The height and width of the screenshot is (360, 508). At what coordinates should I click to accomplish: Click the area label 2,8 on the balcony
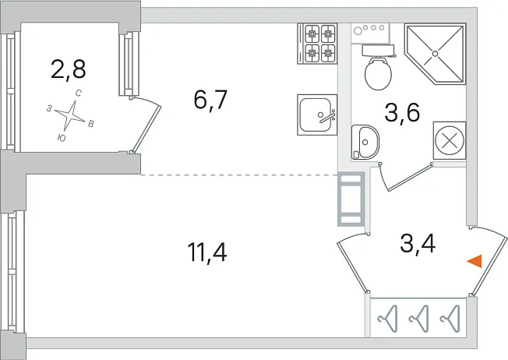click(69, 69)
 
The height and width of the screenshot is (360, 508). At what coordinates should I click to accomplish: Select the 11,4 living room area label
click(207, 252)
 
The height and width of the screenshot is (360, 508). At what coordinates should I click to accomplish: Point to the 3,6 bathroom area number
click(402, 112)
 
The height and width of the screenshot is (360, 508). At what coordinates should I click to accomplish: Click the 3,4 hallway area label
click(418, 244)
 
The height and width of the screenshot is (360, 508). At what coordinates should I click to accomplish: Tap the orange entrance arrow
click(474, 261)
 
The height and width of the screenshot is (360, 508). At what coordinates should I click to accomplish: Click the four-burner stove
click(318, 44)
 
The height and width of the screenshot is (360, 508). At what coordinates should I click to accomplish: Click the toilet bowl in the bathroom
click(378, 69)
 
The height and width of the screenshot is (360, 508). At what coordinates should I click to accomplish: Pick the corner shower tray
click(435, 54)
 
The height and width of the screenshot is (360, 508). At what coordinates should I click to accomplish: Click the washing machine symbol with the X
click(450, 140)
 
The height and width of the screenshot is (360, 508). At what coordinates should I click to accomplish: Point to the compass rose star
click(70, 115)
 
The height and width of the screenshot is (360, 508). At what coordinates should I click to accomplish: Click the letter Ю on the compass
click(62, 139)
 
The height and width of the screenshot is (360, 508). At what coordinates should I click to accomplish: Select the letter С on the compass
click(79, 94)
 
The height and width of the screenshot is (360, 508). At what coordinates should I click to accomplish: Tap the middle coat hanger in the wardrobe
click(419, 319)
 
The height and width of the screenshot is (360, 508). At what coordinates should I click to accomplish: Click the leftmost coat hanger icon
click(387, 319)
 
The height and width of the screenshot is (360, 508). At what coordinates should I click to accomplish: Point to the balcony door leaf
click(146, 129)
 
